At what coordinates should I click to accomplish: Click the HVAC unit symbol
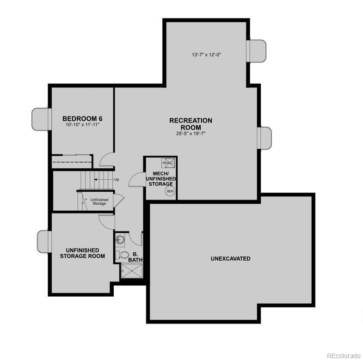(x=167, y=163)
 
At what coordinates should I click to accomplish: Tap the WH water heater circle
(x=170, y=191)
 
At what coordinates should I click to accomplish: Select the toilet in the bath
(x=123, y=255)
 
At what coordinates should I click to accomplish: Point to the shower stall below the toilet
(x=131, y=270)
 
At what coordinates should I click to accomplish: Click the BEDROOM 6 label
(x=82, y=119)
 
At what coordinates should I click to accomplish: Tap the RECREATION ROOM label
(x=191, y=124)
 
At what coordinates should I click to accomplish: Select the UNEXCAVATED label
(x=230, y=259)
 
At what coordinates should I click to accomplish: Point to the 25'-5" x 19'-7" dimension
(x=191, y=134)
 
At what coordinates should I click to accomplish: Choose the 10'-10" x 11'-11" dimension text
(x=82, y=125)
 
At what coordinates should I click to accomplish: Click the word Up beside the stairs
(x=117, y=179)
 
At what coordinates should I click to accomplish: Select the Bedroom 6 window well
(x=41, y=119)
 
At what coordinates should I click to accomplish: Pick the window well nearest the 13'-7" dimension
(x=257, y=50)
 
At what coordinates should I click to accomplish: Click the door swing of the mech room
(x=136, y=179)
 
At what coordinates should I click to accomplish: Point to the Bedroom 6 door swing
(x=106, y=160)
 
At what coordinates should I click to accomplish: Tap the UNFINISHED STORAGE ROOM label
(x=82, y=253)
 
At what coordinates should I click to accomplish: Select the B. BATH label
(x=135, y=257)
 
